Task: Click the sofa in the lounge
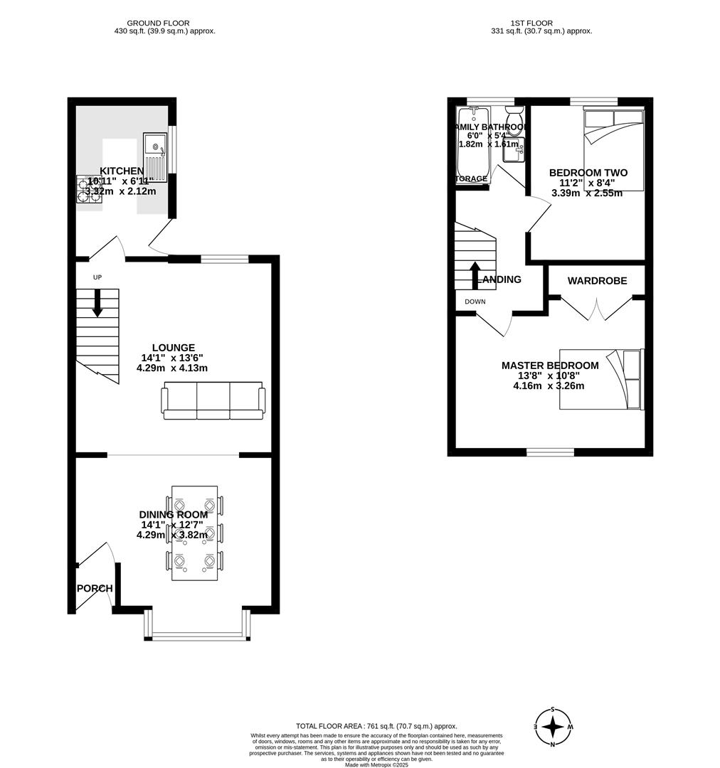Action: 213,400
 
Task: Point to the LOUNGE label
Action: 172,348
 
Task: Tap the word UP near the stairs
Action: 97,277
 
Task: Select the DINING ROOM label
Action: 173,515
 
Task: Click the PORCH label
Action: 95,588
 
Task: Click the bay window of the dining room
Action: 197,634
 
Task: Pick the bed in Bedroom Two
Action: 613,149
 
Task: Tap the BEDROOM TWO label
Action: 588,173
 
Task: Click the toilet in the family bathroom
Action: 514,114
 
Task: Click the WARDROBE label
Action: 597,281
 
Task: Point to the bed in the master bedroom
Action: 601,379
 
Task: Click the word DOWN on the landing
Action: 475,302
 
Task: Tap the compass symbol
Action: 553,727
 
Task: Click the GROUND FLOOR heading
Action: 164,23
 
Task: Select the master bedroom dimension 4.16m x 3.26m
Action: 549,386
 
